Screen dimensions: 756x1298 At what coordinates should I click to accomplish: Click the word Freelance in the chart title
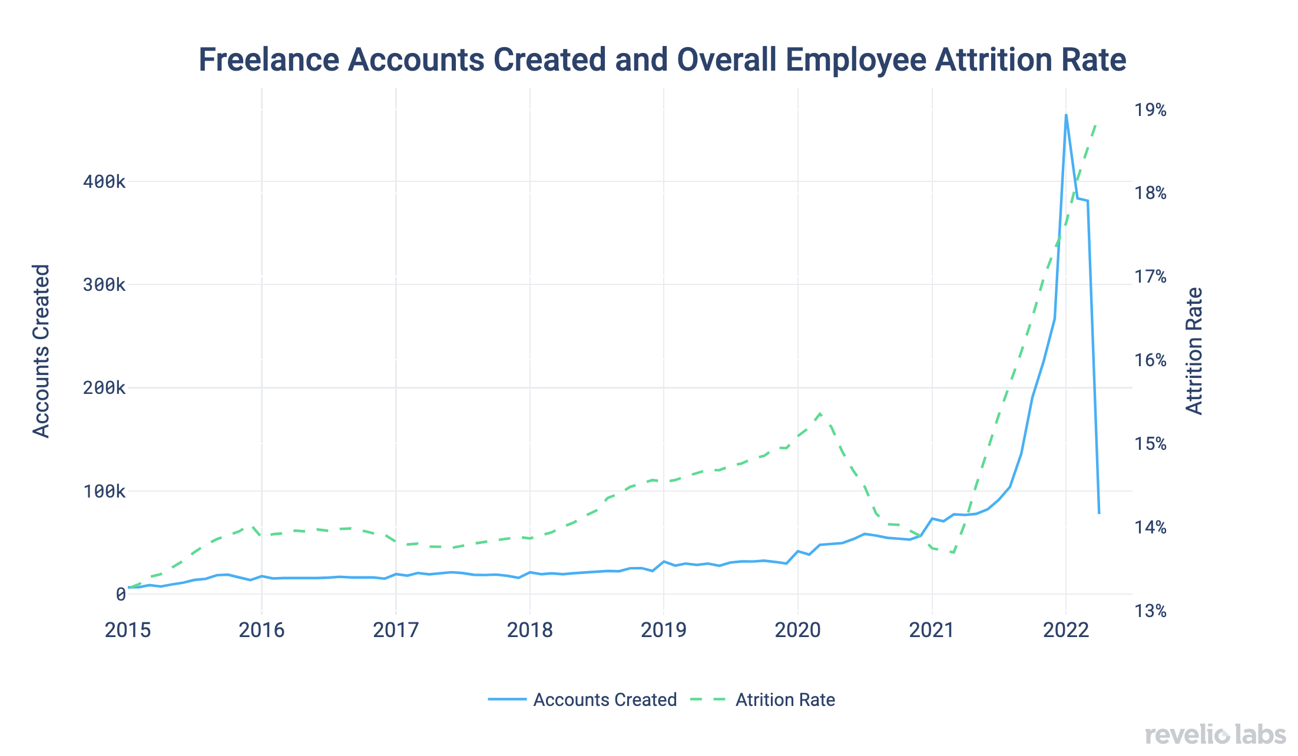point(269,60)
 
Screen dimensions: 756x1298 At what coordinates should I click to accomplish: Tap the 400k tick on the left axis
point(104,182)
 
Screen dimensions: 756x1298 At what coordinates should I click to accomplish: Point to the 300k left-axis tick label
point(104,285)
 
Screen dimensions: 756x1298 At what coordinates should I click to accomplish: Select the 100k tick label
point(104,492)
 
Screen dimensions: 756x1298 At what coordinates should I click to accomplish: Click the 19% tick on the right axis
point(1150,110)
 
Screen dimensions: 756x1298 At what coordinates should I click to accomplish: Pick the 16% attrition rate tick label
point(1150,360)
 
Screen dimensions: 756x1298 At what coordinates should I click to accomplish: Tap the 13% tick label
point(1150,611)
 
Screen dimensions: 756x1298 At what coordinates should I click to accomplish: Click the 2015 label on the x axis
point(128,631)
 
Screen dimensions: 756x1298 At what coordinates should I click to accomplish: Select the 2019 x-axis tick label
point(664,631)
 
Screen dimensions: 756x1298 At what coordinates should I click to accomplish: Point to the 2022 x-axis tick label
point(1066,631)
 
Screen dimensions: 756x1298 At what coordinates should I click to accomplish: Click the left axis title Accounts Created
point(41,351)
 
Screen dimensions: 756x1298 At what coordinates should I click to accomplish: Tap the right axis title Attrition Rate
point(1194,351)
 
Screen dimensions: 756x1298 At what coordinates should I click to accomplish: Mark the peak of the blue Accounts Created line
point(1066,115)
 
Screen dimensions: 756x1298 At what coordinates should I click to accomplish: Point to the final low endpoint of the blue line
point(1099,513)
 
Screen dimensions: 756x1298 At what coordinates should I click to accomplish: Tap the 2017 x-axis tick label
point(396,631)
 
